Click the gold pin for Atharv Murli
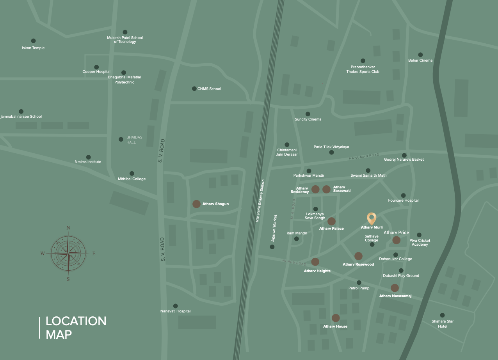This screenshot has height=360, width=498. pos(372,218)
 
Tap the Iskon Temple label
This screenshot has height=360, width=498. pos(33,48)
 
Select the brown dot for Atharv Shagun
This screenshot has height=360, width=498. pos(196,204)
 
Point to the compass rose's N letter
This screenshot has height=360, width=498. pos(68,228)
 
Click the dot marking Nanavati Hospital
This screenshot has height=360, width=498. pos(175,306)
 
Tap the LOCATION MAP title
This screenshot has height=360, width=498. pos(76,328)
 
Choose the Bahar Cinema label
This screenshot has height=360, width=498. pos(420,60)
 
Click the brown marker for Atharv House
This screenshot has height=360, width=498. pos(336,318)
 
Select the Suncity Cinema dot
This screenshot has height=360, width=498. pos(308,114)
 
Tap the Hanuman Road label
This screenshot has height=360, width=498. pos(364,157)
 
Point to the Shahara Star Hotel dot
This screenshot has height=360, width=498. pos(442,315)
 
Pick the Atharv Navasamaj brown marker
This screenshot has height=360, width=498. pos(395,288)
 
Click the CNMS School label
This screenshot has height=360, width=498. pos(209,89)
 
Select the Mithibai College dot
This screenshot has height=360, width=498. pos(132,174)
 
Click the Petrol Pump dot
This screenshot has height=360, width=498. pos(359,282)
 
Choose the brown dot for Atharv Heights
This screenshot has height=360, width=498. pos(315,262)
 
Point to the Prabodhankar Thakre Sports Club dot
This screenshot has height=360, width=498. pos(363,61)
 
